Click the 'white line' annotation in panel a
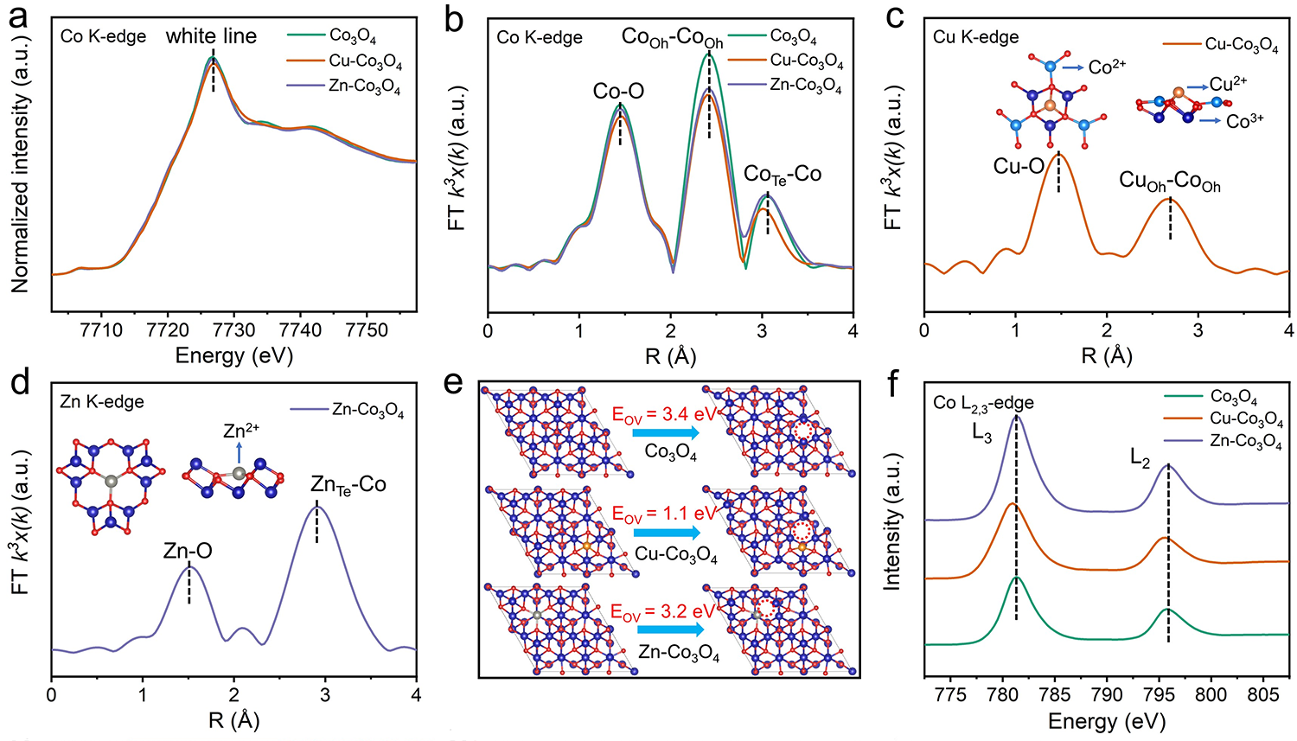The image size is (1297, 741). (x=211, y=36)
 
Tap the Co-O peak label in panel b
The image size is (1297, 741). (x=618, y=92)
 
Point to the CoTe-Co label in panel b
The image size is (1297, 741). (x=783, y=175)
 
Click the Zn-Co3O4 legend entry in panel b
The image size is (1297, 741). (x=805, y=86)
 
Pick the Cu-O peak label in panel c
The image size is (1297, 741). (x=1019, y=167)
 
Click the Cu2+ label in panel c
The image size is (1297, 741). (x=1228, y=84)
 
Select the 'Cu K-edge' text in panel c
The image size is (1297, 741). (x=976, y=37)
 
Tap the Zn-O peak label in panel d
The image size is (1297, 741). (x=188, y=551)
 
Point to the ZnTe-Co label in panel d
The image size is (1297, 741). (x=348, y=485)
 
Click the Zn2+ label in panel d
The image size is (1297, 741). (x=241, y=430)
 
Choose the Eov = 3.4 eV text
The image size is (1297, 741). (x=663, y=413)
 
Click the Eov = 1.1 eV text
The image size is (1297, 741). (x=663, y=514)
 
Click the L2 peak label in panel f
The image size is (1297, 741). (x=1140, y=459)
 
